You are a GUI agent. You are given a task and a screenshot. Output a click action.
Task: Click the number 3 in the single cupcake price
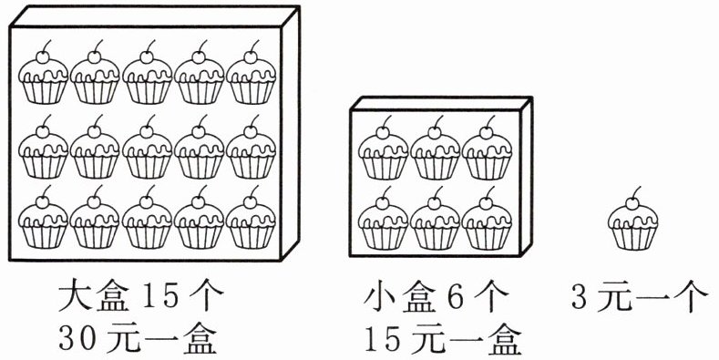coord(580,297)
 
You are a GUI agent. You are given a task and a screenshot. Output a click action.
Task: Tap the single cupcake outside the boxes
coord(632,219)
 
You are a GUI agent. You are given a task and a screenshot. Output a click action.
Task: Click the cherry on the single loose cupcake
coord(632,203)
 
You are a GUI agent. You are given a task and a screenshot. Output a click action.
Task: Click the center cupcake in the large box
coord(148,147)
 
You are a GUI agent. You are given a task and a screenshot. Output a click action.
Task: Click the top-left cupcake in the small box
coord(383,148)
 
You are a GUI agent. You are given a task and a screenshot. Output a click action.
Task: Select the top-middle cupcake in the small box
coord(435,148)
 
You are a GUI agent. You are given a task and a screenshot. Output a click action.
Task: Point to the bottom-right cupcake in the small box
coord(487,218)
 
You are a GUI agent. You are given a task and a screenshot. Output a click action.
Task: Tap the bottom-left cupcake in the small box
coord(383,218)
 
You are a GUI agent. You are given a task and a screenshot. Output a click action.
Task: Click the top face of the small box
coord(441,103)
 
